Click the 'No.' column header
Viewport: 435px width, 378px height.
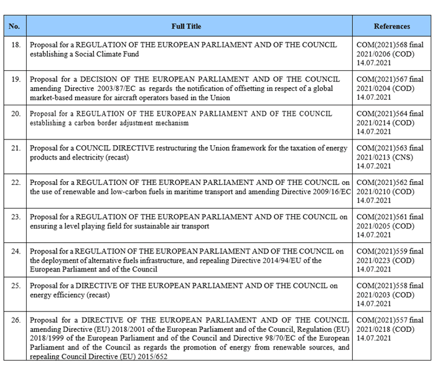coord(14,27)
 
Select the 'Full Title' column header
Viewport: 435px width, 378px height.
coord(187,27)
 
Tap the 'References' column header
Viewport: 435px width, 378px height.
coord(391,27)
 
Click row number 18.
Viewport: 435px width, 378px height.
coord(16,45)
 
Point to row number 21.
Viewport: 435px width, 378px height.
coord(16,148)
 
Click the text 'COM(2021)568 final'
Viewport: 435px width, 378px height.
coord(390,45)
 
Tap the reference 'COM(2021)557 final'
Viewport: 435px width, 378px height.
coord(390,320)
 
